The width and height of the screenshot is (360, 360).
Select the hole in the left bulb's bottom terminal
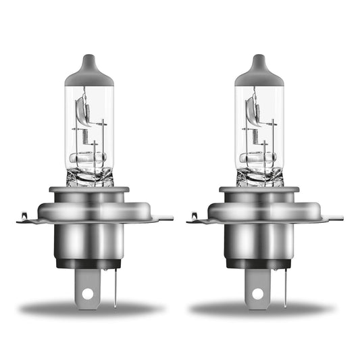(86, 294)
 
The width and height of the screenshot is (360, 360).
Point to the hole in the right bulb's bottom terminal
(257, 294)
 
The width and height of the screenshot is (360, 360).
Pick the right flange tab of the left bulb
(163, 217)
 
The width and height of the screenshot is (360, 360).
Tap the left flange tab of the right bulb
(197, 217)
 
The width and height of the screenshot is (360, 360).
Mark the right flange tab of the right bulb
(334, 217)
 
